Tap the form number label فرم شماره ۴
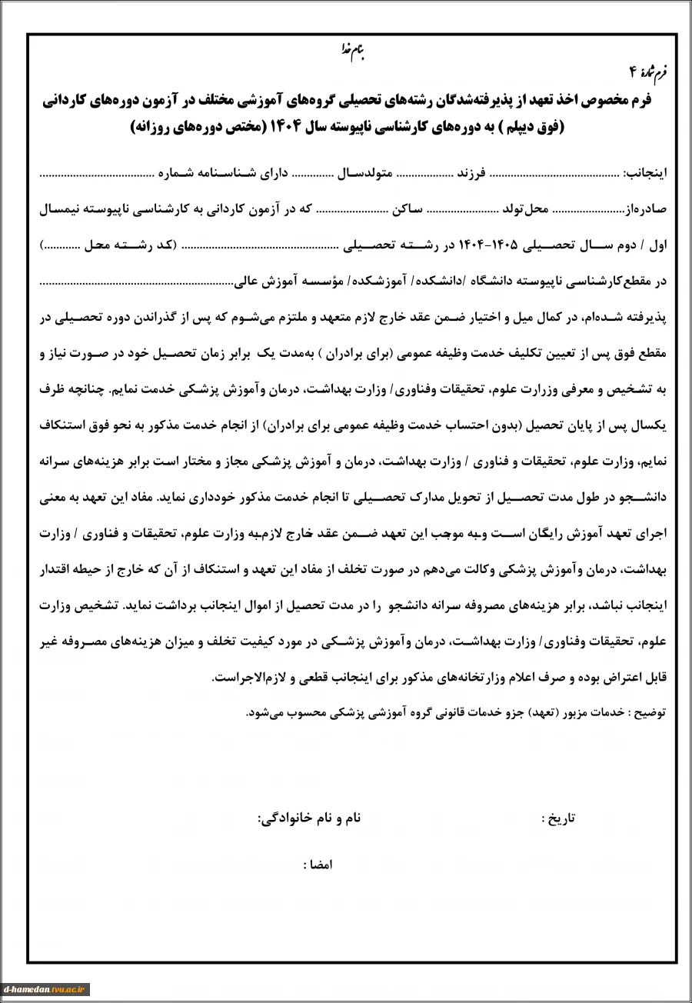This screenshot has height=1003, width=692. pos(649,72)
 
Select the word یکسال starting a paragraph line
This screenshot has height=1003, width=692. pos(650,425)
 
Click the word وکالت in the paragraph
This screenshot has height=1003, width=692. pos(411,569)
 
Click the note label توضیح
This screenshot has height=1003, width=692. pos(650,713)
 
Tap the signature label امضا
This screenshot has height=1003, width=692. pos(318,864)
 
